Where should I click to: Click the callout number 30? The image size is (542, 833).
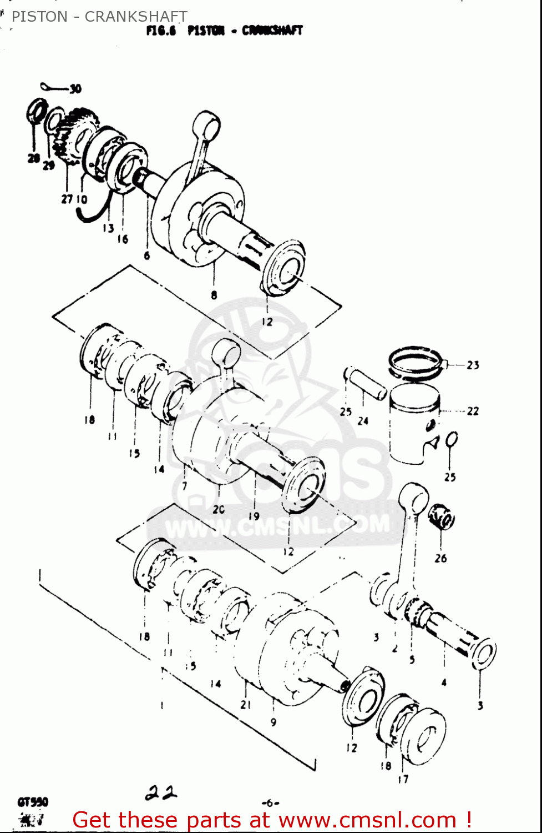[75, 89]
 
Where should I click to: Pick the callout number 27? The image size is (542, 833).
[67, 199]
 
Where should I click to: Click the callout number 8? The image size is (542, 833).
[214, 295]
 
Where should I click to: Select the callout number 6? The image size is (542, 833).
[147, 255]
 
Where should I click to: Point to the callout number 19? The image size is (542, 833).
[254, 516]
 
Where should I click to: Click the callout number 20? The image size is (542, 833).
[219, 509]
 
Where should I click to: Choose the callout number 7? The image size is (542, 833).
[184, 486]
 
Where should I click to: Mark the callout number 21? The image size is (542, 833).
[246, 704]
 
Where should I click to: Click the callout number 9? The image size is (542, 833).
[273, 722]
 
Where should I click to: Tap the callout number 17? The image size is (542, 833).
[403, 779]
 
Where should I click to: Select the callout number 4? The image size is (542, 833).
[444, 683]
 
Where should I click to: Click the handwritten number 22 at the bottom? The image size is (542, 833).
[161, 792]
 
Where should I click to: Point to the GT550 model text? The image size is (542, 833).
[33, 802]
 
